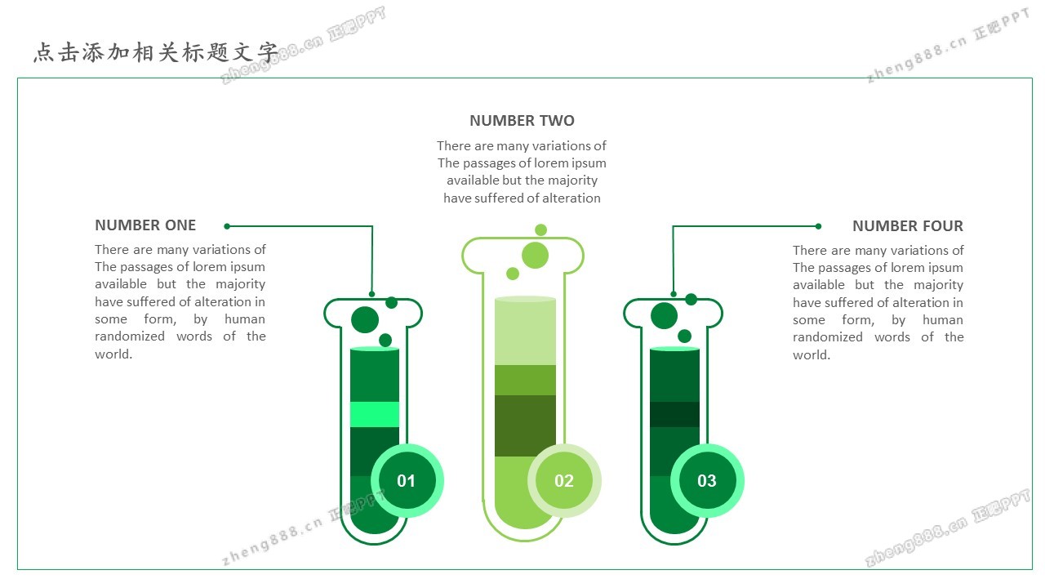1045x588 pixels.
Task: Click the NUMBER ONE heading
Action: [145, 225]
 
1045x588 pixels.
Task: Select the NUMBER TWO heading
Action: [522, 121]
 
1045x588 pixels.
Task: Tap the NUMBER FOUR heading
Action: [907, 226]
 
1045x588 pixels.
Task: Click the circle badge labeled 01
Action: [407, 481]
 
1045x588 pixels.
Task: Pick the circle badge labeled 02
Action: [564, 481]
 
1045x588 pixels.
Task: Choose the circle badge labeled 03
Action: [707, 481]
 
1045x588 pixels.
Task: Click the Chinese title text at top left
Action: [156, 52]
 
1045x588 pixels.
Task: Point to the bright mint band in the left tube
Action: [375, 414]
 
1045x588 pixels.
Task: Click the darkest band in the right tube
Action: [674, 414]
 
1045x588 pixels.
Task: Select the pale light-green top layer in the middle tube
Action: [525, 332]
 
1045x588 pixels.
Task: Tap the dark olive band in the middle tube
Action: [525, 425]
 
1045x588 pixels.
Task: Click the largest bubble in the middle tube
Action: [535, 256]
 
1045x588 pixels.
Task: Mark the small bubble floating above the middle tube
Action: [540, 229]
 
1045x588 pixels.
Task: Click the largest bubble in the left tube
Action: [365, 319]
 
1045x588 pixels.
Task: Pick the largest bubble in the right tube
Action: [664, 315]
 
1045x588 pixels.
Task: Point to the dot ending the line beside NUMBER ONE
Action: [227, 226]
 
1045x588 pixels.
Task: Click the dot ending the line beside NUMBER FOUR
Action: [818, 226]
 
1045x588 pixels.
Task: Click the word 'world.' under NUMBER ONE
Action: [113, 354]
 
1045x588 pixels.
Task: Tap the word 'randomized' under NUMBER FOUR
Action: [828, 337]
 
